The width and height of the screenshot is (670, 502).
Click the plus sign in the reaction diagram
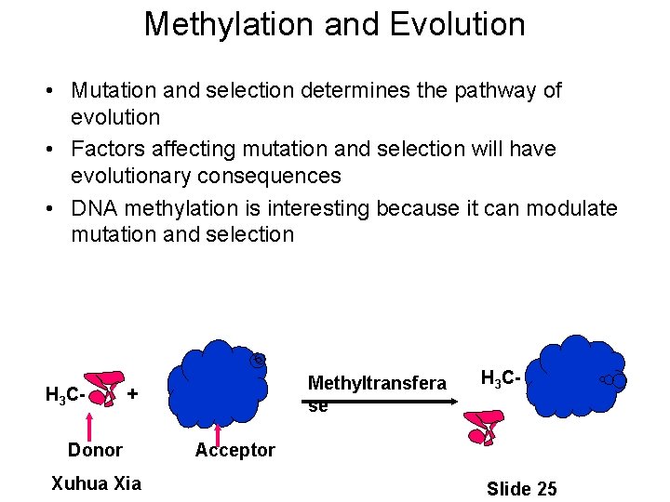click(133, 393)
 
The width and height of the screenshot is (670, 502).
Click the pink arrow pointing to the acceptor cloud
click(218, 431)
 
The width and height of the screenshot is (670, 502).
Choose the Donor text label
click(95, 451)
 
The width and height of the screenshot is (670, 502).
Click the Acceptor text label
click(234, 451)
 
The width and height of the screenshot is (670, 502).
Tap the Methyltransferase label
click(376, 392)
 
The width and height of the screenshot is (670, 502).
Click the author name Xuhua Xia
click(96, 483)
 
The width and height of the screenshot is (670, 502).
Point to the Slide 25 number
click(521, 489)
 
